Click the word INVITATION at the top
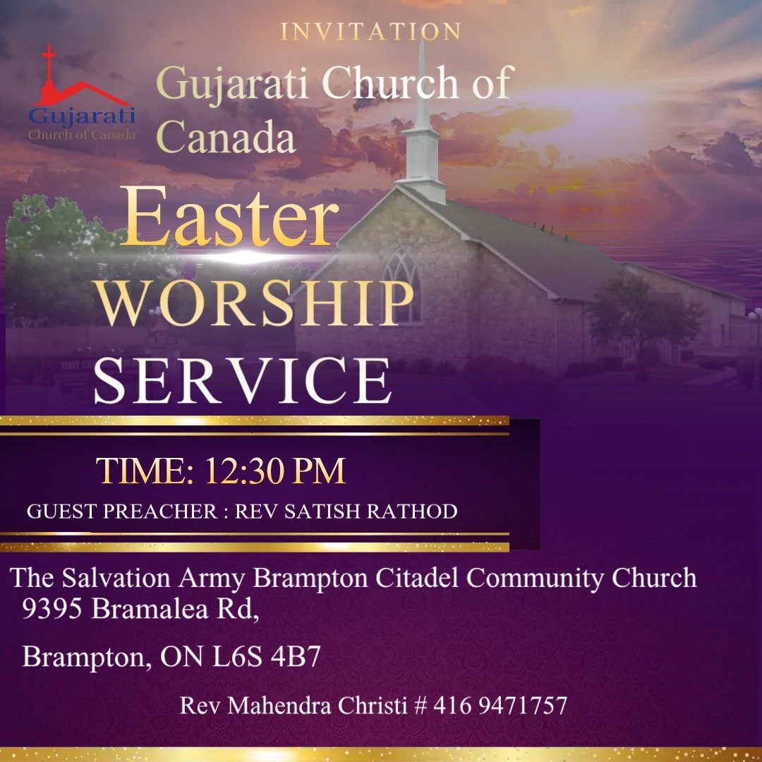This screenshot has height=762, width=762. pyautogui.click(x=370, y=32)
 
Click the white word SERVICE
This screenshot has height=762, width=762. pyautogui.click(x=242, y=381)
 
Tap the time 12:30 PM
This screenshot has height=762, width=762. pyautogui.click(x=275, y=472)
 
